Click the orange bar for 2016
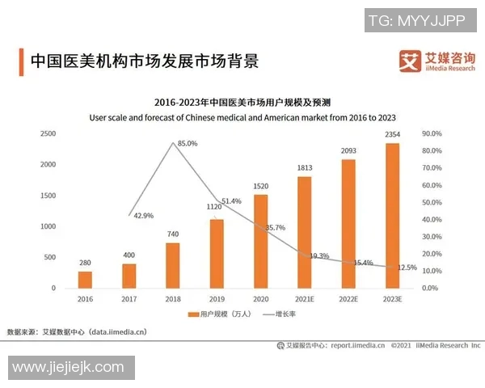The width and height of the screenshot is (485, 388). point(85,280)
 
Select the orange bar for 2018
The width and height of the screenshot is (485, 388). point(173,265)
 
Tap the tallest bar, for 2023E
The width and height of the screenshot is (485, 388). point(392,215)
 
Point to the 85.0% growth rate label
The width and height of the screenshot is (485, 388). point(187,143)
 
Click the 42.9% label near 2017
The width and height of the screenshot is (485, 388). point(143,215)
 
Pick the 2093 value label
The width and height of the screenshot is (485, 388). point(348,151)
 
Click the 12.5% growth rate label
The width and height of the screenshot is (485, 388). point(407,268)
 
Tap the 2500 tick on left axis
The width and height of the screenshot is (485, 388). point(48,133)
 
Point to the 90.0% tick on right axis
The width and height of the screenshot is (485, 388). point(432,133)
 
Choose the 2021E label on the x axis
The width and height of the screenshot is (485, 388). point(305,298)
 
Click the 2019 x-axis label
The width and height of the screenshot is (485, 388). point(217,298)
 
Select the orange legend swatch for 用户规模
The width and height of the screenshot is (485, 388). point(193,314)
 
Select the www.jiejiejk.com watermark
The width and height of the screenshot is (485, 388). point(68,367)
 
